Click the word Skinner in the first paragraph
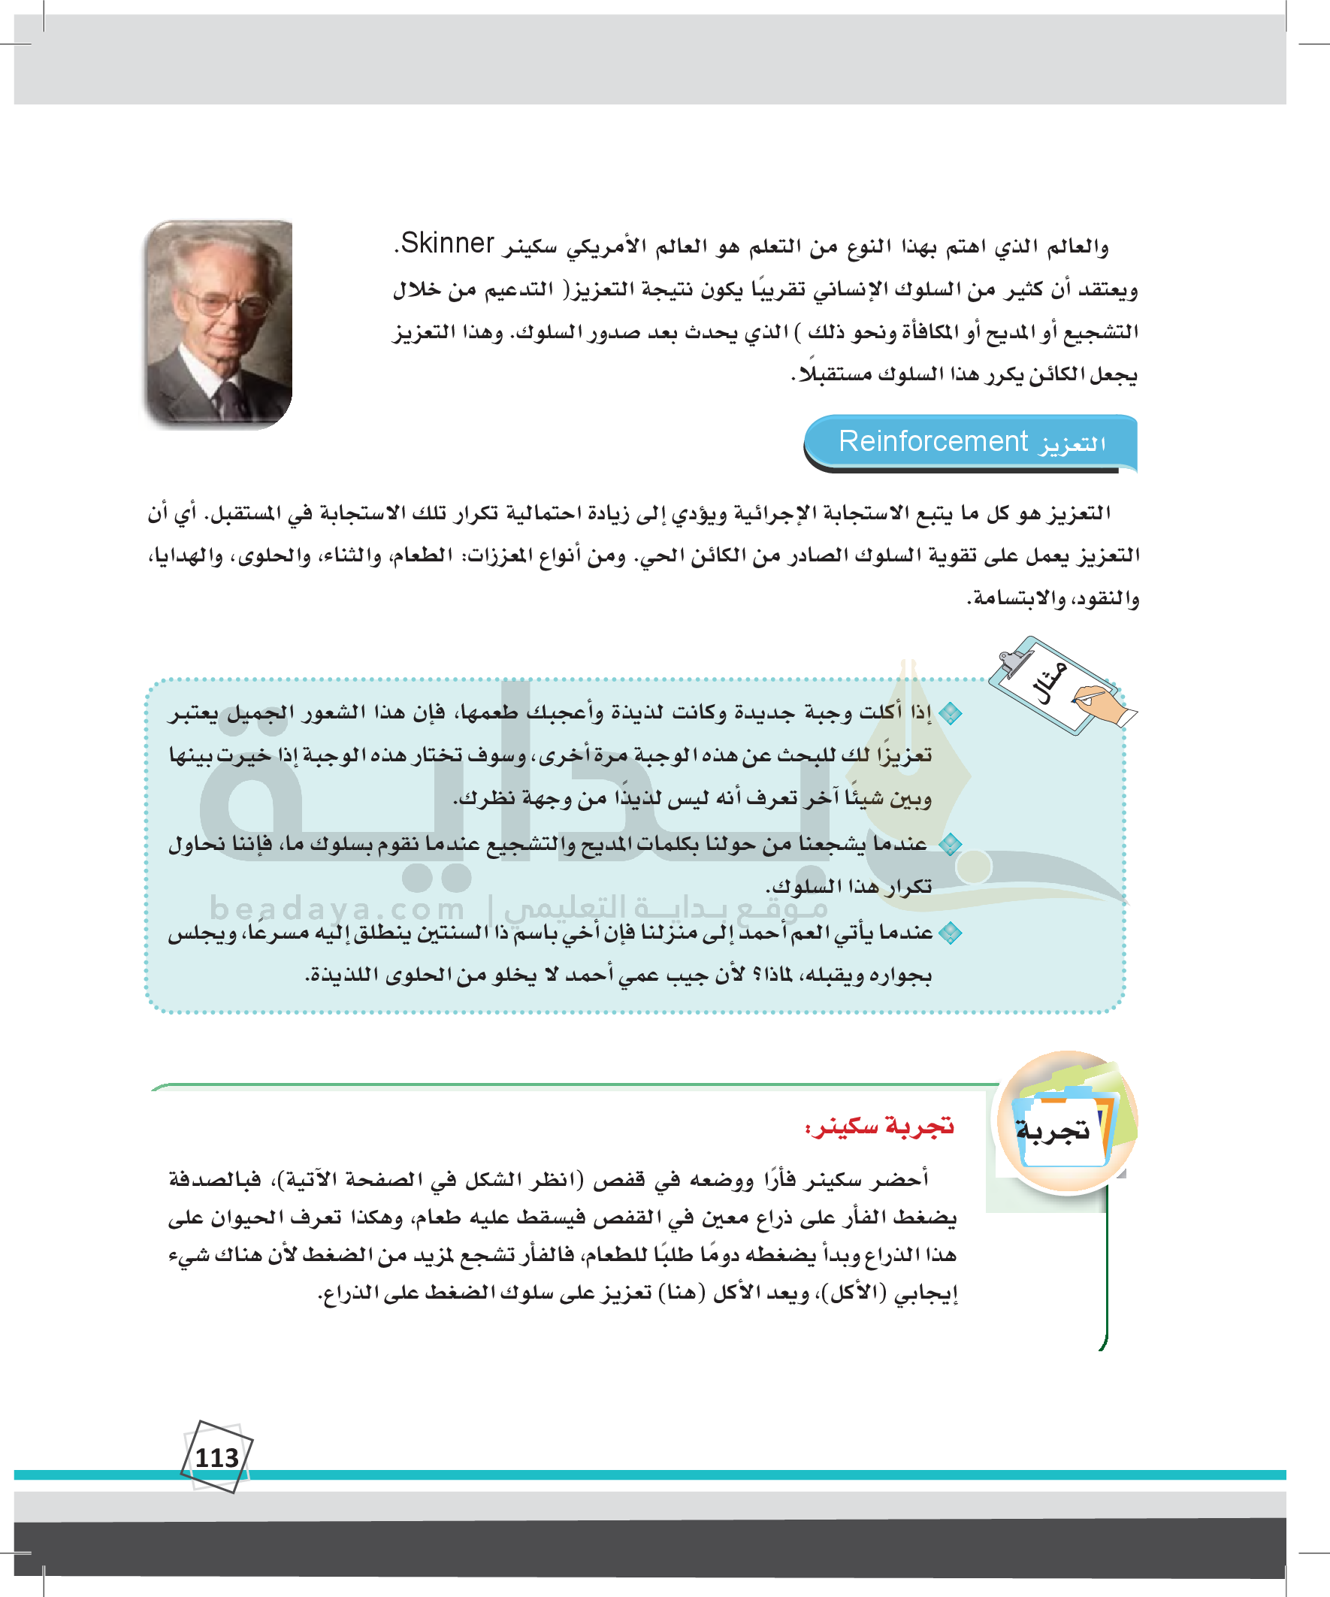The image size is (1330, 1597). click(x=447, y=243)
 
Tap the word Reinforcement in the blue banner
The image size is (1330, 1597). click(x=933, y=441)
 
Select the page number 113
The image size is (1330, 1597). click(x=216, y=1458)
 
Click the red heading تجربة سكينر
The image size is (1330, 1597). click(x=880, y=1127)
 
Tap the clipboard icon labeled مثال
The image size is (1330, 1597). click(x=1053, y=685)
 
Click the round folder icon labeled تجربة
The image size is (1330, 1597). click(x=1066, y=1122)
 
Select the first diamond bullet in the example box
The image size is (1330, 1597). click(x=950, y=713)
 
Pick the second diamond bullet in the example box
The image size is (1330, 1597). click(x=950, y=844)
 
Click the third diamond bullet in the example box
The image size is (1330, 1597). click(x=950, y=933)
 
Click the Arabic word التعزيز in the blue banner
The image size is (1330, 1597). click(x=1073, y=443)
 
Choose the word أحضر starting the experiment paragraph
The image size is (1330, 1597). click(x=902, y=1179)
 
